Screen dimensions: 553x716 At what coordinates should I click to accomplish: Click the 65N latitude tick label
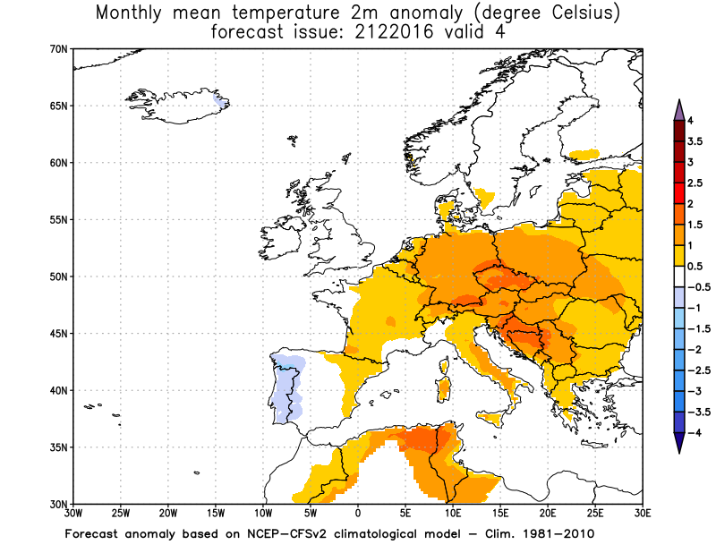[x=59, y=106]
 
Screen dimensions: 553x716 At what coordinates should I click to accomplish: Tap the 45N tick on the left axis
[x=59, y=334]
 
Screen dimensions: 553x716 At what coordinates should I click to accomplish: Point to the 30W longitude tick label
[x=72, y=515]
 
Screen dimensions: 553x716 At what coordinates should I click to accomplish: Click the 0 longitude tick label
[x=358, y=515]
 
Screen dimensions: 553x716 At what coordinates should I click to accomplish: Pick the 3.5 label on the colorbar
[x=695, y=141]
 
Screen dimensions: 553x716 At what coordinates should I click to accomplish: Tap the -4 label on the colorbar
[x=694, y=433]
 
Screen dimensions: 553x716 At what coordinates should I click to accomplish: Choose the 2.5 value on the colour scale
[x=695, y=183]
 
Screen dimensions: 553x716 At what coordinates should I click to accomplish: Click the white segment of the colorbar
[x=678, y=277]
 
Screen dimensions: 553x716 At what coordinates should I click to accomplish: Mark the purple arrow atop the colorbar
[x=678, y=109]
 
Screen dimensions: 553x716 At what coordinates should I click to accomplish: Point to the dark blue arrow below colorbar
[x=678, y=443]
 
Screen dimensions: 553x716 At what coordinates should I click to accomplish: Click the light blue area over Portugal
[x=288, y=385]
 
